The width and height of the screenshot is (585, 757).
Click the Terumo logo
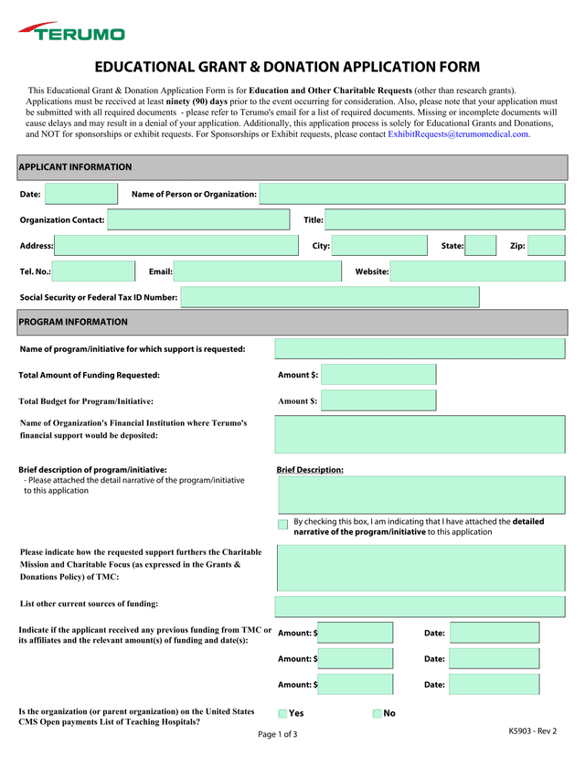click(71, 33)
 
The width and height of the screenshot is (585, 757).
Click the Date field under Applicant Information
click(81, 194)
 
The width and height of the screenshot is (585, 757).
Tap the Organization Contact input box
click(198, 219)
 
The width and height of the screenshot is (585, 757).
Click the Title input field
click(444, 219)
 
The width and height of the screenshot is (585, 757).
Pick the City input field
click(379, 245)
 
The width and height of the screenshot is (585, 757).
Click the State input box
click(481, 245)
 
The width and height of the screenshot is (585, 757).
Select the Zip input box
click(546, 245)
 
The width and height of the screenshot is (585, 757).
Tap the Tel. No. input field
click(93, 272)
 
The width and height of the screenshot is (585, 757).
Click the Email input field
click(257, 272)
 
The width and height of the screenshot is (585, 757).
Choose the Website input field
click(477, 272)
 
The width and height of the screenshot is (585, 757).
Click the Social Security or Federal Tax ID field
click(329, 297)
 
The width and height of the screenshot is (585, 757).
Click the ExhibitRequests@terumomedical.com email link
click(459, 134)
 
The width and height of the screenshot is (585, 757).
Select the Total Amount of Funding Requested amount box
click(378, 375)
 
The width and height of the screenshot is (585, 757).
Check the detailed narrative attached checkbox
click(283, 525)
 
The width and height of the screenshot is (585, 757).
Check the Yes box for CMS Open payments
click(282, 714)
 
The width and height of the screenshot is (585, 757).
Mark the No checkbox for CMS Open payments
click(378, 714)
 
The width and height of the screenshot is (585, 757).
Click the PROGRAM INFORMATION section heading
click(73, 322)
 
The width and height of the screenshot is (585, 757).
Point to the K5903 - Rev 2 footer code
click(533, 730)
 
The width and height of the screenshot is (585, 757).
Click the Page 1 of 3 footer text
click(277, 734)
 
